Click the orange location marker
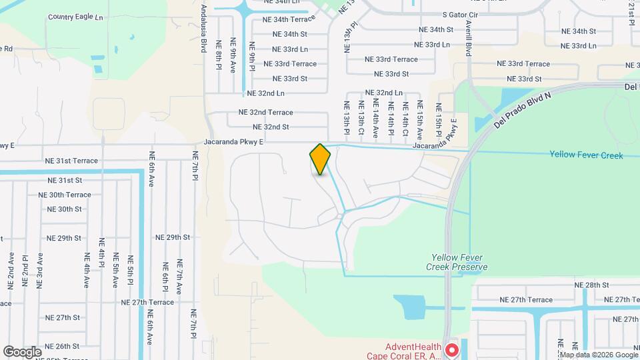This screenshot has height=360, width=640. tap(320, 159)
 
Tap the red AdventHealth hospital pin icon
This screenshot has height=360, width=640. tap(451, 349)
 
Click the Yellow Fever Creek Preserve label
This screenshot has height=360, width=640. tap(459, 262)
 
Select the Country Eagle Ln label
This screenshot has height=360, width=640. tap(76, 16)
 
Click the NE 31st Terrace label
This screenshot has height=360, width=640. tap(71, 161)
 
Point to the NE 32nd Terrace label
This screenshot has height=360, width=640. tap(269, 113)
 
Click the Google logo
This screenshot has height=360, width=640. tap(21, 351)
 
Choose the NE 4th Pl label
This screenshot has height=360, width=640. tap(102, 253)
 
